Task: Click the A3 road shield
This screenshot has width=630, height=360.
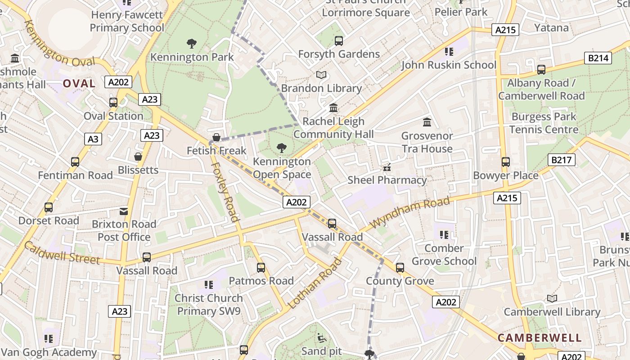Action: (93, 139)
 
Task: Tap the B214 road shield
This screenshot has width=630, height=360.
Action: (598, 58)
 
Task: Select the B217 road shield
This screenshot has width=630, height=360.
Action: (562, 160)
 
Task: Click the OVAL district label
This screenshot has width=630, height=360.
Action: (79, 83)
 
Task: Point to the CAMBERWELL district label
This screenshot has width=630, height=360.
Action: (540, 338)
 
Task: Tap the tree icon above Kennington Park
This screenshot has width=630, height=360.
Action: (192, 44)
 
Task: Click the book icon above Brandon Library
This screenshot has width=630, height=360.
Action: (321, 75)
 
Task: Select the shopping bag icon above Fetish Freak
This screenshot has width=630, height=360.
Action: (216, 137)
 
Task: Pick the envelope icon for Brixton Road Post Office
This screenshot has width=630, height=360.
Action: (124, 211)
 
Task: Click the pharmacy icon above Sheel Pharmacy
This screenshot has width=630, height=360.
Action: (387, 167)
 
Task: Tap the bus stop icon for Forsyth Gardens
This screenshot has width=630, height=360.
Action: (339, 41)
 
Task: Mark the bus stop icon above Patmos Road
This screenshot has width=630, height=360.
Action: (261, 268)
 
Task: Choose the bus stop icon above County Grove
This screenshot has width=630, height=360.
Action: (400, 268)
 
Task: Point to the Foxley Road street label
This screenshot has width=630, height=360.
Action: (224, 191)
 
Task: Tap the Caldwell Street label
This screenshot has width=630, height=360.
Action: (62, 252)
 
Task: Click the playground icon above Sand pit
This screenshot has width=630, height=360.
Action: (321, 337)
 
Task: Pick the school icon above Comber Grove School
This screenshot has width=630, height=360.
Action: (444, 235)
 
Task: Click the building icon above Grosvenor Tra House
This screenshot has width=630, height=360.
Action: (427, 122)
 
